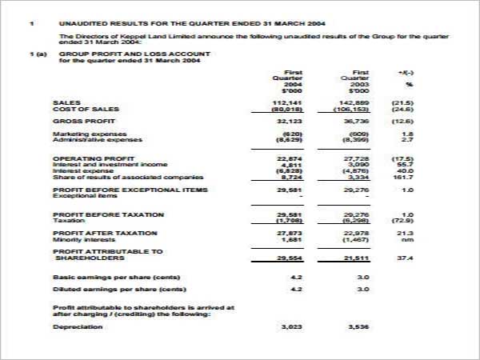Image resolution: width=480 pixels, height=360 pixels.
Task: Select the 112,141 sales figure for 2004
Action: (287, 102)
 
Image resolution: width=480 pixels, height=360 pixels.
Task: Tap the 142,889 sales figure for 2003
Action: (354, 102)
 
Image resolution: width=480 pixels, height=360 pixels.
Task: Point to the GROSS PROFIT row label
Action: (79, 120)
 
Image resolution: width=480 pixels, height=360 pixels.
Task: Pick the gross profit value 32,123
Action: (287, 120)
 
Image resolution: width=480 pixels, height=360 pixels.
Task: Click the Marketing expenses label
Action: (89, 134)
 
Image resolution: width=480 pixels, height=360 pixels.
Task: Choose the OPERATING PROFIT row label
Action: (89, 158)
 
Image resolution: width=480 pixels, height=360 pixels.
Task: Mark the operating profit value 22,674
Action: (287, 158)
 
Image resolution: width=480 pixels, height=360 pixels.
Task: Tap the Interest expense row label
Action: (81, 171)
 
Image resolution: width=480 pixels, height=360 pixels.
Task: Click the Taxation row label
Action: (69, 220)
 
